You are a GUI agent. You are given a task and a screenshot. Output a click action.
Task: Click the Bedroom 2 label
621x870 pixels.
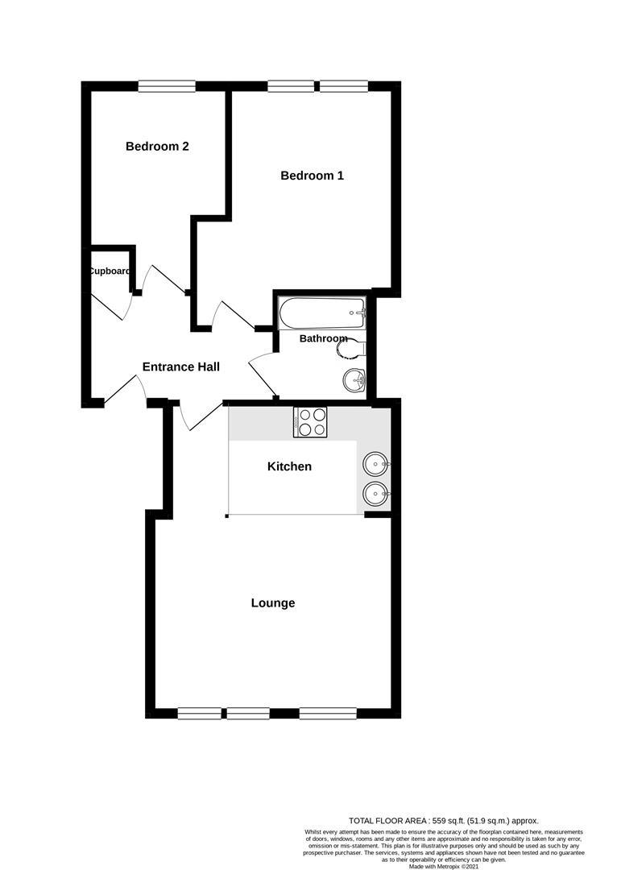click(x=157, y=147)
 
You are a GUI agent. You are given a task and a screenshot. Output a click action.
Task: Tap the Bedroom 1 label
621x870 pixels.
click(x=312, y=176)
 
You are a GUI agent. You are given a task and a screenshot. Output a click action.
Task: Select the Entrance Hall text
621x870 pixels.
click(x=180, y=367)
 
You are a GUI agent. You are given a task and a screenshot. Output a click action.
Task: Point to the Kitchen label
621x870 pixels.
click(x=289, y=466)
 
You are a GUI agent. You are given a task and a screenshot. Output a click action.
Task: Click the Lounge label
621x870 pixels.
click(x=272, y=603)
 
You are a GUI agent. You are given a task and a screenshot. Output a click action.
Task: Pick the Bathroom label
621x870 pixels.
click(x=323, y=339)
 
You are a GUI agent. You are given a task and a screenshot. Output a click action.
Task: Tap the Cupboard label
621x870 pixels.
click(x=110, y=271)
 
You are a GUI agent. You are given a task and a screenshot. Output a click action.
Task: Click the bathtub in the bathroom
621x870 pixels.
click(x=321, y=313)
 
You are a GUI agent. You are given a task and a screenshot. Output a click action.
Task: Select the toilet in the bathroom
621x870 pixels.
click(x=355, y=348)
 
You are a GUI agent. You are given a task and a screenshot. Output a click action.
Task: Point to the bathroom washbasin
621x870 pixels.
click(x=354, y=379)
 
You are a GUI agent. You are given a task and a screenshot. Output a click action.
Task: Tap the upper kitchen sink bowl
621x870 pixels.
click(x=375, y=464)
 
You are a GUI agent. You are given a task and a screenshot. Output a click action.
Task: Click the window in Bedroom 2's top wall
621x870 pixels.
click(x=167, y=85)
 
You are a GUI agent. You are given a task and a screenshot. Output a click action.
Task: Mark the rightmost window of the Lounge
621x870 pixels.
click(x=328, y=713)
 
